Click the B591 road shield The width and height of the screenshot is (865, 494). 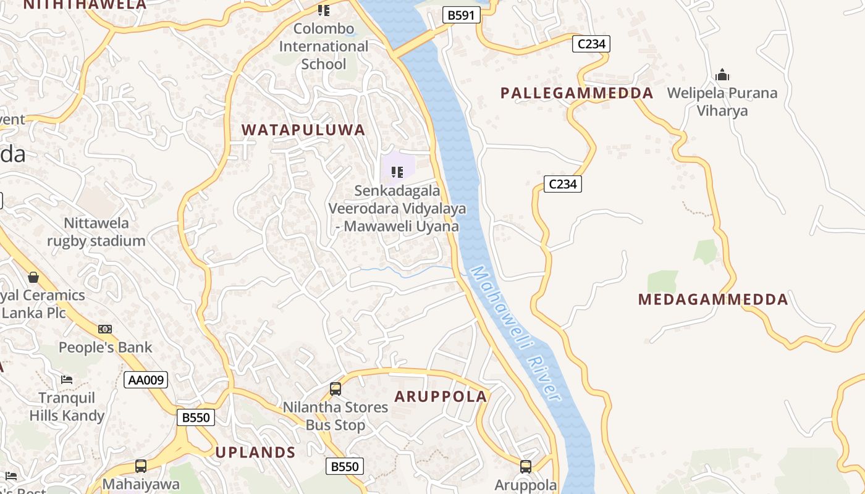point(461,15)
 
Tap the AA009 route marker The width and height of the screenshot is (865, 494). point(146,380)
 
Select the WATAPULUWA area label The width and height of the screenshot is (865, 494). point(303,130)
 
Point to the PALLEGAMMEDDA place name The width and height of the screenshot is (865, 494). point(576,93)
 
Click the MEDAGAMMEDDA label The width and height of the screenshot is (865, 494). point(713,299)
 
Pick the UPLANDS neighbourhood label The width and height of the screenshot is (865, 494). point(256,452)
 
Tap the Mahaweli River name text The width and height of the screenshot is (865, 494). point(515,333)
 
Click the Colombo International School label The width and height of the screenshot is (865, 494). point(323,46)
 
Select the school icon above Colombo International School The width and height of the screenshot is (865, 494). point(323,10)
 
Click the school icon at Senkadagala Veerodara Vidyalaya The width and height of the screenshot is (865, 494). point(397,172)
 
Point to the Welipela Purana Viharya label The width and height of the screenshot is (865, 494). point(722,102)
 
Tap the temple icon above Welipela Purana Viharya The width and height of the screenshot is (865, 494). point(722,75)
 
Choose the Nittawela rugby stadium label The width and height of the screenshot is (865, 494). point(96,232)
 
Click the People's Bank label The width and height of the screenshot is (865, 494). point(105,347)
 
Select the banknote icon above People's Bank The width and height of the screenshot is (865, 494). point(105,329)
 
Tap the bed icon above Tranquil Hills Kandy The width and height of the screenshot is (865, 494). point(67,379)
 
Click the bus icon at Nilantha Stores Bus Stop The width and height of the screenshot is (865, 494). point(335,389)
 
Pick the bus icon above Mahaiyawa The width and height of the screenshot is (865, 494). point(141,466)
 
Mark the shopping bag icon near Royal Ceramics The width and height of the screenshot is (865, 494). point(33,277)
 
